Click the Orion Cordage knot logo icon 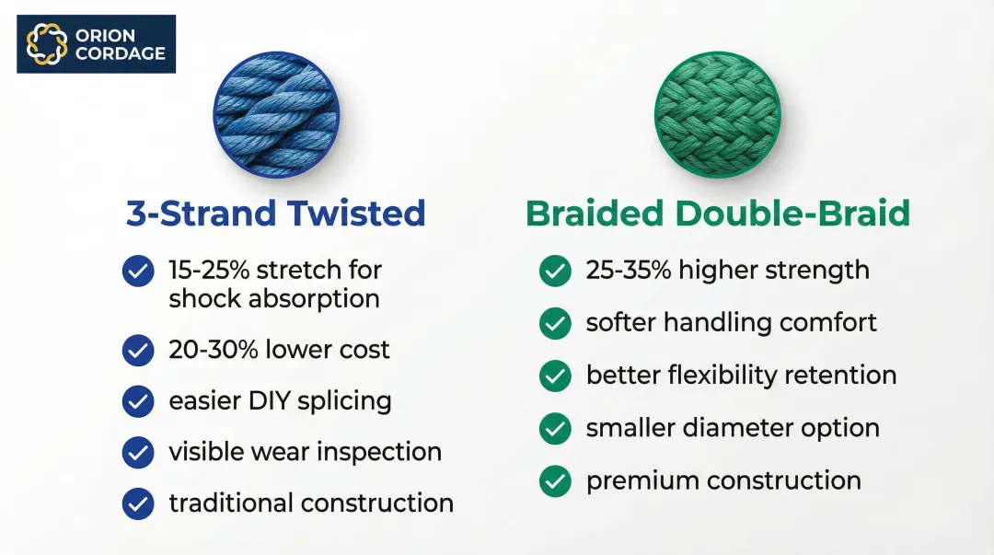pos(46,44)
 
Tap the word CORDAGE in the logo pos(121,53)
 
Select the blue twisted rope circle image pos(276,114)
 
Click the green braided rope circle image pos(718,114)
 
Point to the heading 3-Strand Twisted pos(276,214)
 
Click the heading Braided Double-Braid pos(718,214)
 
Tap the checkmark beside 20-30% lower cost pos(138,350)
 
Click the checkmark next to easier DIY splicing pos(138,401)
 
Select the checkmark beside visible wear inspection pos(138,452)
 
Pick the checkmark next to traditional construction pos(138,503)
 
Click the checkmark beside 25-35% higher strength pos(555,271)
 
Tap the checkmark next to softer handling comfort pos(555,323)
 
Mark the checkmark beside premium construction pos(555,481)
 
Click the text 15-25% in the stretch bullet pos(209,271)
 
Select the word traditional pos(231,503)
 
